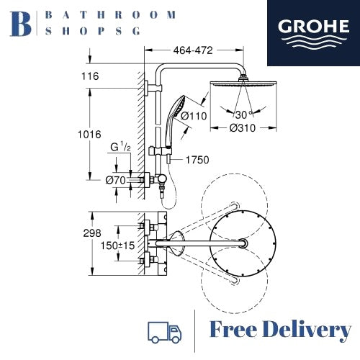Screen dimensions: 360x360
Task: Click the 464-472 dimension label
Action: click(193, 50)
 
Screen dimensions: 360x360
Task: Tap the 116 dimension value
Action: click(90, 76)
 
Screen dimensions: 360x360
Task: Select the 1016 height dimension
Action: click(89, 135)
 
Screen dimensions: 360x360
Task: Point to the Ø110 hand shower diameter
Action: click(194, 116)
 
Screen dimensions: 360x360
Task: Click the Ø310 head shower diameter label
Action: click(243, 128)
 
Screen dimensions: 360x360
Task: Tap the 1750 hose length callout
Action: click(197, 160)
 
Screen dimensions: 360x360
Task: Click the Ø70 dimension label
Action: click(115, 180)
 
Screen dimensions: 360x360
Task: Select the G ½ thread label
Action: click(120, 147)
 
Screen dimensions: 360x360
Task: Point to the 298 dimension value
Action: click(92, 233)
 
